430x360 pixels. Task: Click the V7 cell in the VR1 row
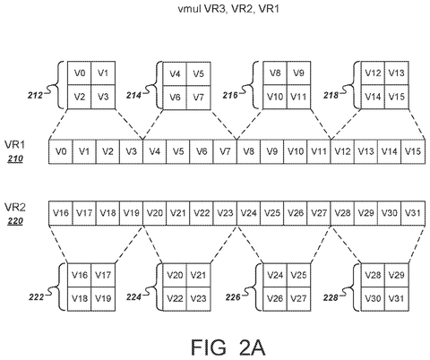(x=225, y=151)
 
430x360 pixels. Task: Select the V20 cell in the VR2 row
(x=155, y=213)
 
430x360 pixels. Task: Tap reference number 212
(x=35, y=96)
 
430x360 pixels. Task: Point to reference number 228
(x=331, y=297)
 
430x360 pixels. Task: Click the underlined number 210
(x=15, y=159)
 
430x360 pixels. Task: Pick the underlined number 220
(x=15, y=221)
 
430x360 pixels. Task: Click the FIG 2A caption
(x=228, y=347)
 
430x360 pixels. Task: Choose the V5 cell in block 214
(x=199, y=73)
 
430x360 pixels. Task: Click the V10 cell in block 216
(x=275, y=97)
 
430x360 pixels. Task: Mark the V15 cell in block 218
(x=397, y=97)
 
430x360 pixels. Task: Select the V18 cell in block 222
(x=80, y=299)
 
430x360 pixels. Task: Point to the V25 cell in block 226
(x=299, y=275)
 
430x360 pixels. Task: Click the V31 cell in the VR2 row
(x=413, y=213)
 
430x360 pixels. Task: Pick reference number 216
(x=230, y=95)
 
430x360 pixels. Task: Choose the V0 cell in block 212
(x=80, y=73)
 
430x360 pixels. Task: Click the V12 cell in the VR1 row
(x=342, y=151)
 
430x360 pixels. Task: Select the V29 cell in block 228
(x=397, y=275)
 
